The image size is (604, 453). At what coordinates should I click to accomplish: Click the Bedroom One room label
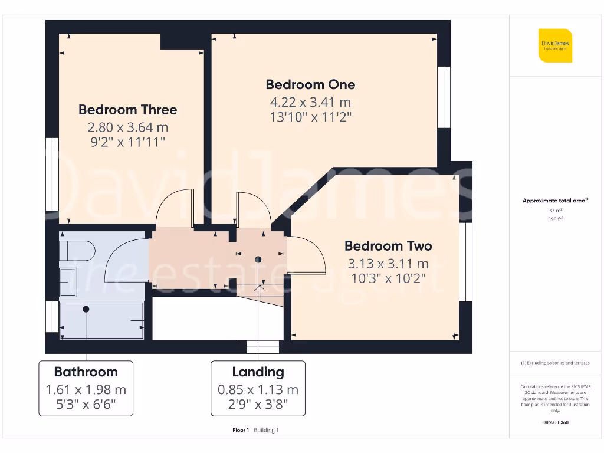[310, 84]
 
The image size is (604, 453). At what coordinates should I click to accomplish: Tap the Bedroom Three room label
[127, 110]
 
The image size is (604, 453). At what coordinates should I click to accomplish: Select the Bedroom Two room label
[388, 246]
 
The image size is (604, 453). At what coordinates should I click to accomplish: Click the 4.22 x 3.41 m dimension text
[310, 102]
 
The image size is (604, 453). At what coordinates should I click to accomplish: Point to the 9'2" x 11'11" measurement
[127, 142]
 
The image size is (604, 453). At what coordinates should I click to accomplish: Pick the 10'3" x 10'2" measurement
[388, 278]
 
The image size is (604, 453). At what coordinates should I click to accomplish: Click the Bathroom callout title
[86, 372]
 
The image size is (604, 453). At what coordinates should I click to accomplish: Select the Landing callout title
[258, 372]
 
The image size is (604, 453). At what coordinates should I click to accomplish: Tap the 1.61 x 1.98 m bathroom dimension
[86, 390]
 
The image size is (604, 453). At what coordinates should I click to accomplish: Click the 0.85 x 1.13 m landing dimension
[258, 390]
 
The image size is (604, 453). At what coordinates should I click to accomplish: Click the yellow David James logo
[555, 45]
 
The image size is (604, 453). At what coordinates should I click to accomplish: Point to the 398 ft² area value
[555, 219]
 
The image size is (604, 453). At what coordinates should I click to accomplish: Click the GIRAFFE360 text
[555, 422]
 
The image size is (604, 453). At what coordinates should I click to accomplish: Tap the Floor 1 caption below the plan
[241, 430]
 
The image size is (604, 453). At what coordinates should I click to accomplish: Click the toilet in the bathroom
[77, 250]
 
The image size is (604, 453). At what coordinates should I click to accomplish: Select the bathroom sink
[68, 282]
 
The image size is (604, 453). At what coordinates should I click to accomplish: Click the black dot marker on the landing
[258, 260]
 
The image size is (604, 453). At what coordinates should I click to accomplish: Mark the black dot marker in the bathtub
[86, 309]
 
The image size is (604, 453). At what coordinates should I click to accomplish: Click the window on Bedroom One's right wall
[444, 97]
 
